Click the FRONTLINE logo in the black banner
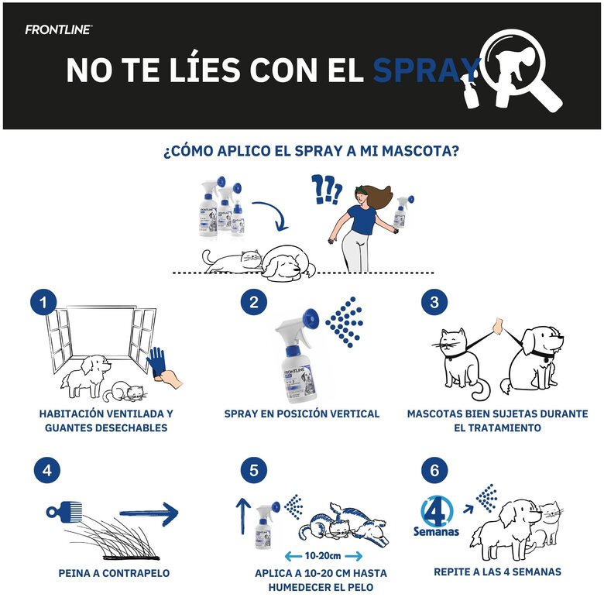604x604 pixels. click(x=59, y=29)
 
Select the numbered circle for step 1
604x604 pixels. click(x=43, y=302)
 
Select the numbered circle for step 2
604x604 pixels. click(x=254, y=302)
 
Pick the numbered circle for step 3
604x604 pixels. click(x=434, y=302)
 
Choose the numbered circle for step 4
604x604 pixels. click(x=47, y=470)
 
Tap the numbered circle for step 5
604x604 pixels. click(x=254, y=470)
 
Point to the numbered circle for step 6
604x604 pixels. click(x=434, y=470)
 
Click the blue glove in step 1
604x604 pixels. click(x=156, y=362)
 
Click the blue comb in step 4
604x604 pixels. click(x=64, y=512)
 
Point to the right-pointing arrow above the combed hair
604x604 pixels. click(x=149, y=513)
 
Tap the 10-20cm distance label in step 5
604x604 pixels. click(x=323, y=556)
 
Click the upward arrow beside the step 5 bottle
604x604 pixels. click(x=243, y=516)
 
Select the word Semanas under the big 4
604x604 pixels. click(x=437, y=531)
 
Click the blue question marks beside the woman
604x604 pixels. click(x=327, y=190)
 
